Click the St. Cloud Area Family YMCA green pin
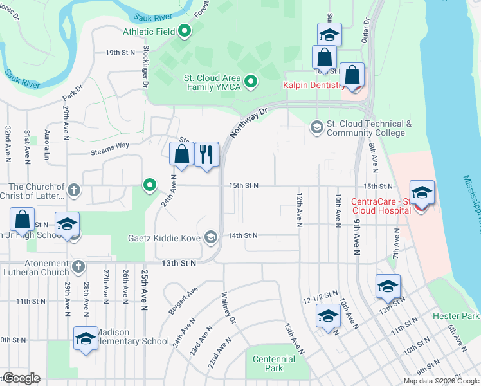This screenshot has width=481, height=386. tap(251, 82)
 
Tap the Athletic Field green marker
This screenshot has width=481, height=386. tap(185, 30)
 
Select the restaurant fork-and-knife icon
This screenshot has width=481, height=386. tap(206, 154)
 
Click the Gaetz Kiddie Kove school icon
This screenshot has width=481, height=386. tap(210, 237)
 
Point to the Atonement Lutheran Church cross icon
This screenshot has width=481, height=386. tap(78, 266)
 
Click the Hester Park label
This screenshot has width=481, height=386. tap(456, 316)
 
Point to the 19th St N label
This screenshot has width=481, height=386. tap(120, 52)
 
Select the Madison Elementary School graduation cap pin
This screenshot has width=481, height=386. tap(85, 338)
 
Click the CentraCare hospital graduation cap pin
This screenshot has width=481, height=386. tap(422, 192)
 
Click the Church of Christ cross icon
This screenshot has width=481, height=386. tap(74, 190)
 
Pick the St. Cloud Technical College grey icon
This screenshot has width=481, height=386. tap(316, 125)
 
